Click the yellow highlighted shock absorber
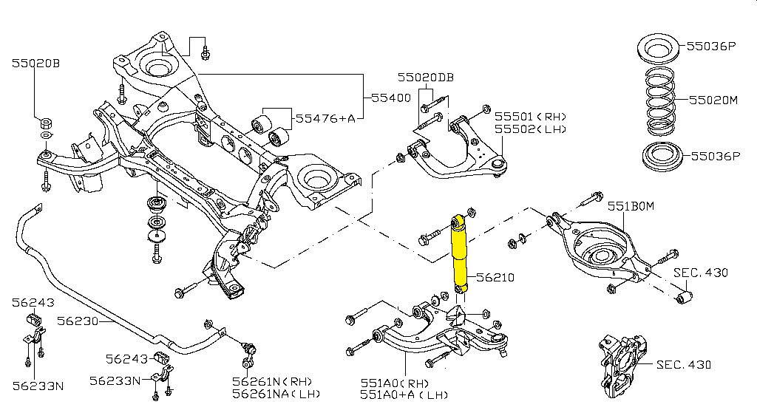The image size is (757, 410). pyautogui.click(x=459, y=254)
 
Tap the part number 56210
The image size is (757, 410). pyautogui.click(x=495, y=277)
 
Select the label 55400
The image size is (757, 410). pyautogui.click(x=392, y=98)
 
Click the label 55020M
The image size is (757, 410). pyautogui.click(x=713, y=100)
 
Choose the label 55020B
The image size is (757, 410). pyautogui.click(x=35, y=64)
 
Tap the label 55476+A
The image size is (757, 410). pyautogui.click(x=325, y=118)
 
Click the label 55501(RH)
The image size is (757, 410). pyautogui.click(x=531, y=116)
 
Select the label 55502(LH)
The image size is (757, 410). pyautogui.click(x=531, y=129)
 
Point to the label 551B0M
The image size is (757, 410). pyautogui.click(x=631, y=206)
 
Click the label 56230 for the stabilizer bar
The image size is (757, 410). pyautogui.click(x=77, y=321)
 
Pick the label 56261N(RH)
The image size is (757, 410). pyautogui.click(x=272, y=381)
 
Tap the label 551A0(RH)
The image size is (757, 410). pyautogui.click(x=395, y=383)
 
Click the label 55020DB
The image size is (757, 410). pyautogui.click(x=426, y=77)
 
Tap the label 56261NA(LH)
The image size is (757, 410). pyautogui.click(x=276, y=394)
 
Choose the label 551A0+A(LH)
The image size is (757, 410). pyautogui.click(x=404, y=395)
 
